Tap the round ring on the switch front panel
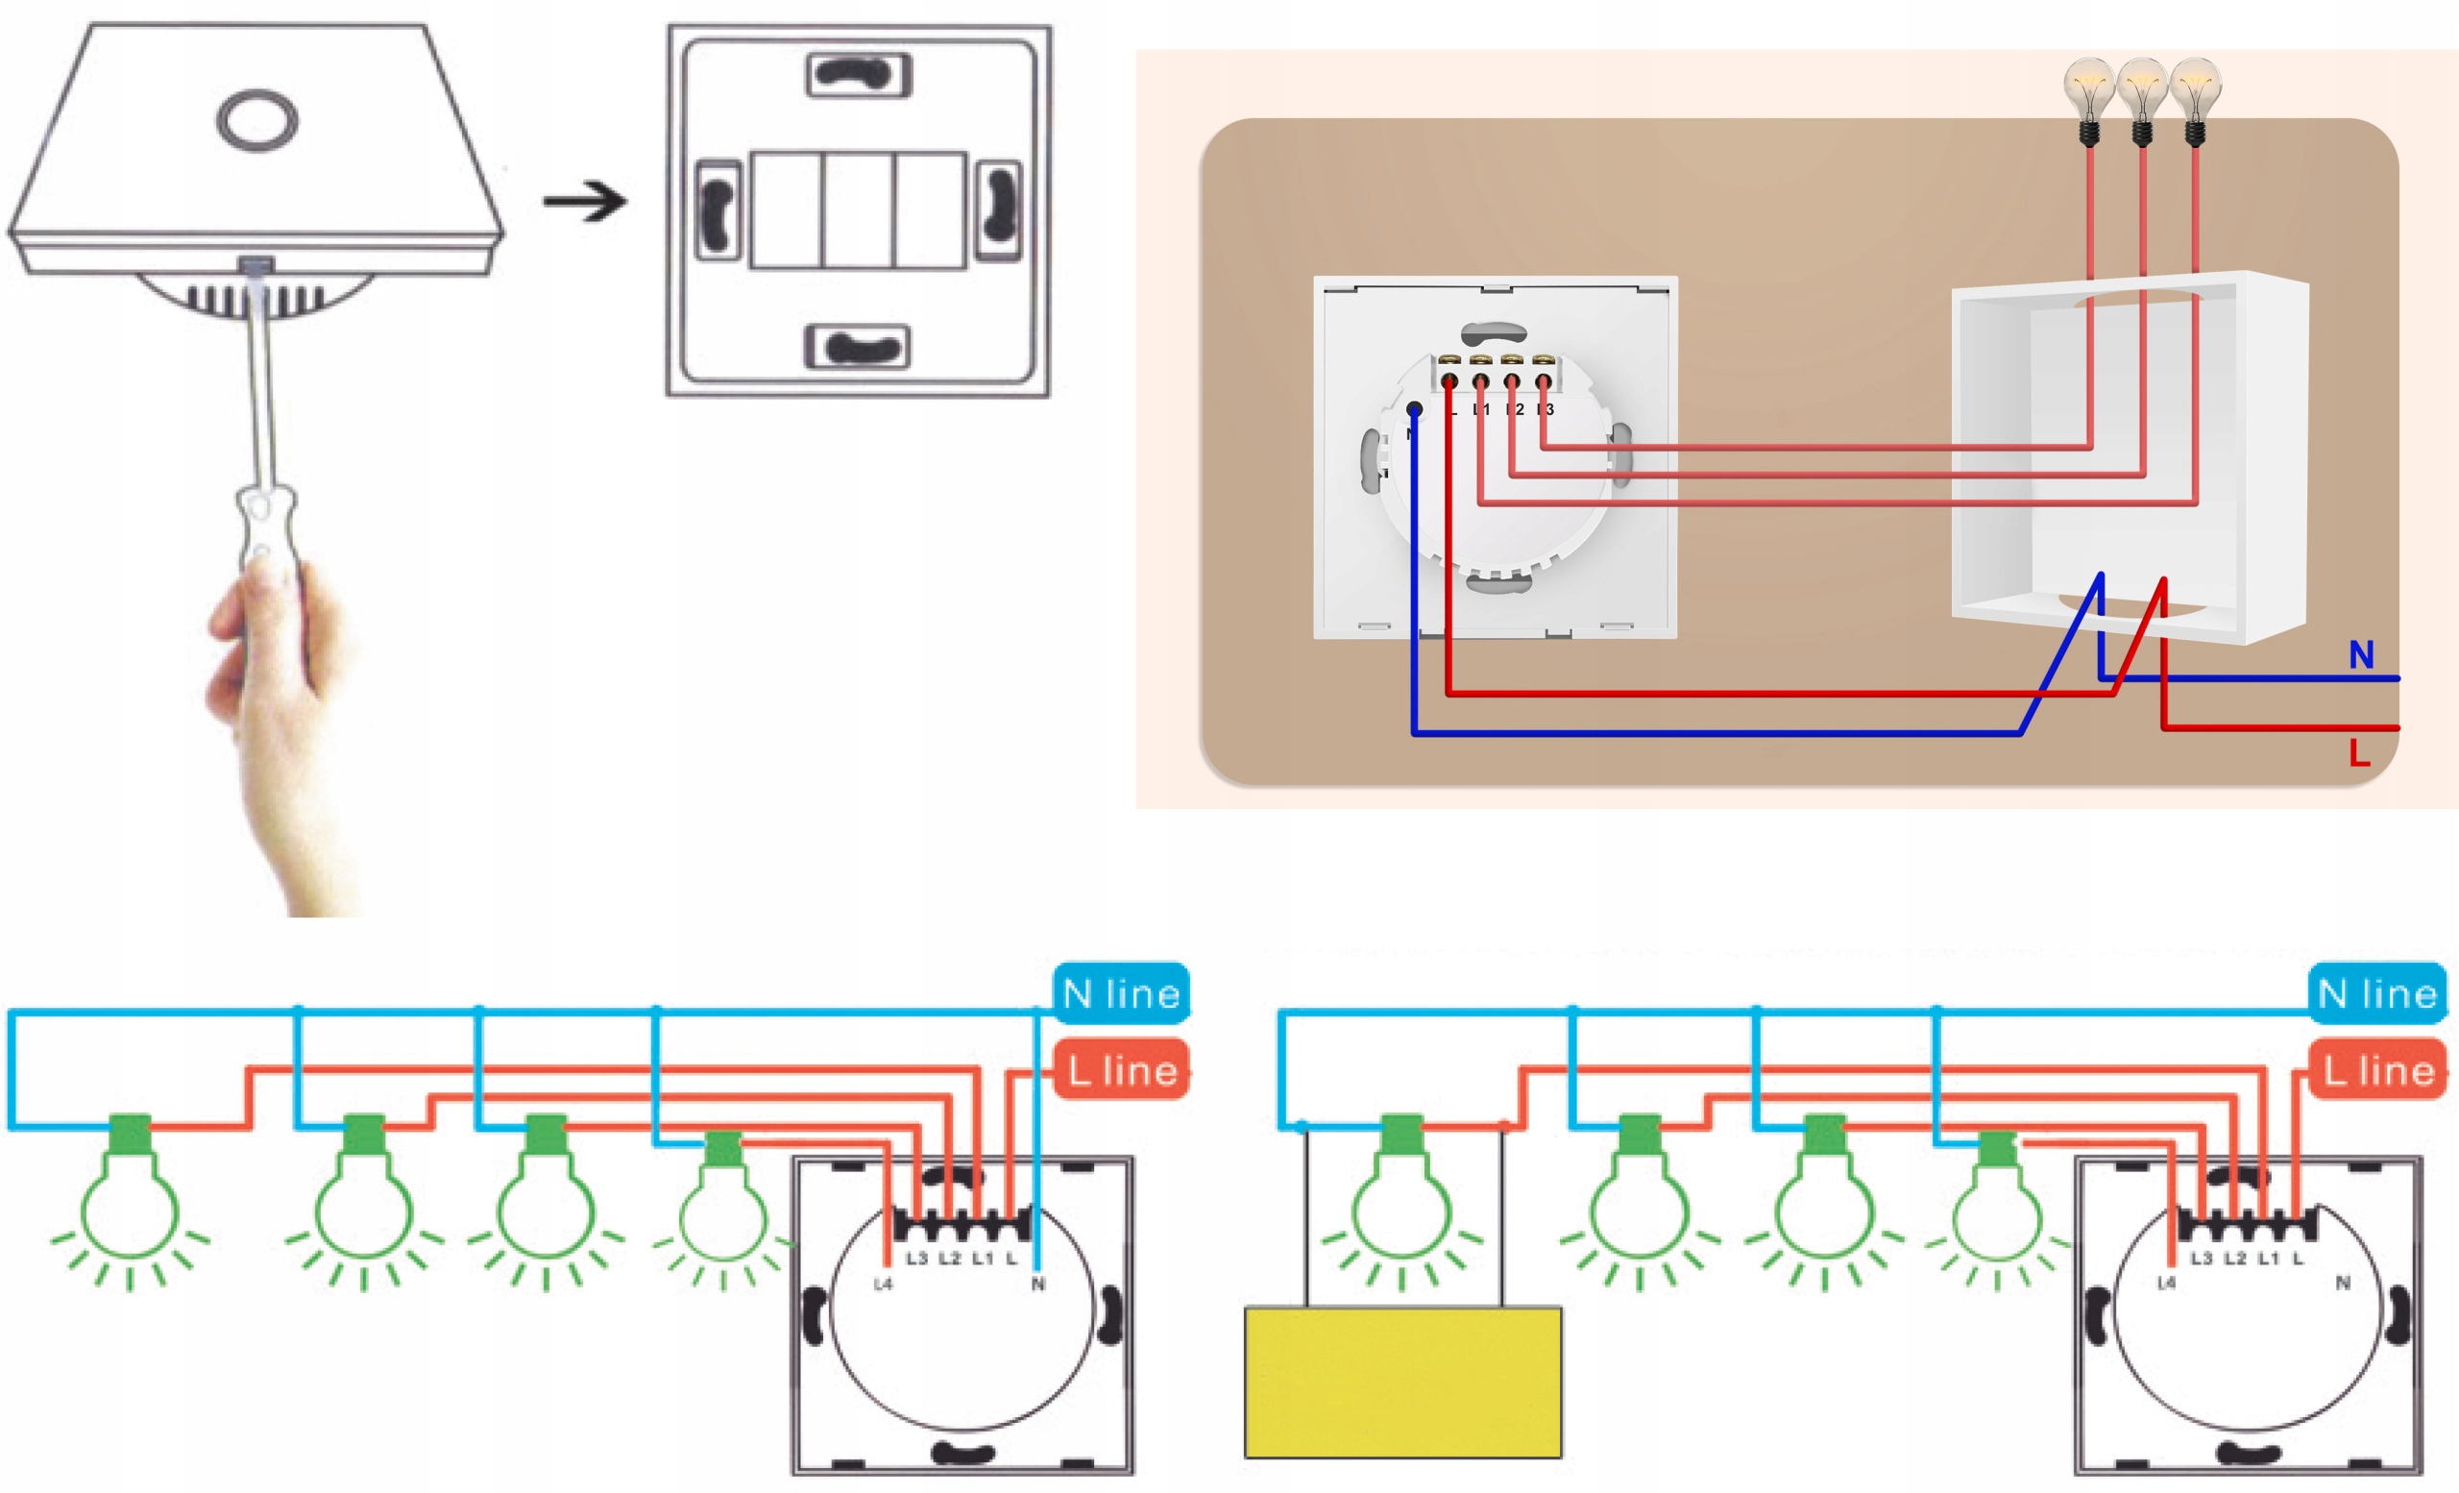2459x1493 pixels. click(x=256, y=120)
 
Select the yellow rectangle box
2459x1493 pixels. click(x=1402, y=1382)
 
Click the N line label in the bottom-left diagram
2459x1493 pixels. click(x=1122, y=994)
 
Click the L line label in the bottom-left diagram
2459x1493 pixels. click(x=1122, y=1071)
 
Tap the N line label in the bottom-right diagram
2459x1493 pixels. click(x=2377, y=994)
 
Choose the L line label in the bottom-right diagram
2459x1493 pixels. click(x=2377, y=1071)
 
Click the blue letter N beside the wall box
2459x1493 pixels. click(x=2361, y=655)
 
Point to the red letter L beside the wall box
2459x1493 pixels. click(x=2359, y=753)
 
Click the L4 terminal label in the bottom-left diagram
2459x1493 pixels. click(x=883, y=1285)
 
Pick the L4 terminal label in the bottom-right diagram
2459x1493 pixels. click(x=2166, y=1284)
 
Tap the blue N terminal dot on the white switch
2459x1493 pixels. click(x=1414, y=409)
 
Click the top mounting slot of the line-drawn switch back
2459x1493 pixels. click(x=859, y=75)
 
